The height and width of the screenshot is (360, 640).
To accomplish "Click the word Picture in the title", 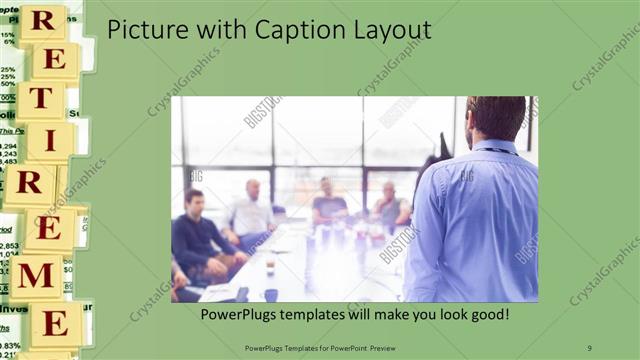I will pyautogui.click(x=144, y=30).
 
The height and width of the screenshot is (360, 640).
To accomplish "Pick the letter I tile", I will pyautogui.click(x=45, y=141).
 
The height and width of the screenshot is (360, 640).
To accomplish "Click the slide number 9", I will pyautogui.click(x=590, y=347).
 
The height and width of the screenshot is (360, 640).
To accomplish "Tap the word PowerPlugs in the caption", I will pyautogui.click(x=239, y=314).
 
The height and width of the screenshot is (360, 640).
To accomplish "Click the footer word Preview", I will pyautogui.click(x=381, y=347).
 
